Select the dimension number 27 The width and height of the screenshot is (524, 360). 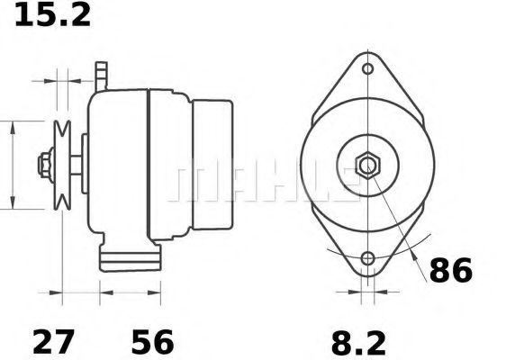(53, 342)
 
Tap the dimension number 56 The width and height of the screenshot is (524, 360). (152, 342)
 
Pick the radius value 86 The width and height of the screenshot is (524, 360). (449, 270)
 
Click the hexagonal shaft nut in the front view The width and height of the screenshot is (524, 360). (367, 166)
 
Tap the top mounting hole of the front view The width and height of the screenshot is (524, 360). (367, 69)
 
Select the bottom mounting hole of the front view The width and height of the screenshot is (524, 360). (367, 261)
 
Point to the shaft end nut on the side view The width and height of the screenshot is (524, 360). (43, 166)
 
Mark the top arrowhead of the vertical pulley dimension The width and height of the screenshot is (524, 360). (13, 125)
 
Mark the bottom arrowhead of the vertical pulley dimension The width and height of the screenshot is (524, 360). (13, 204)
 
